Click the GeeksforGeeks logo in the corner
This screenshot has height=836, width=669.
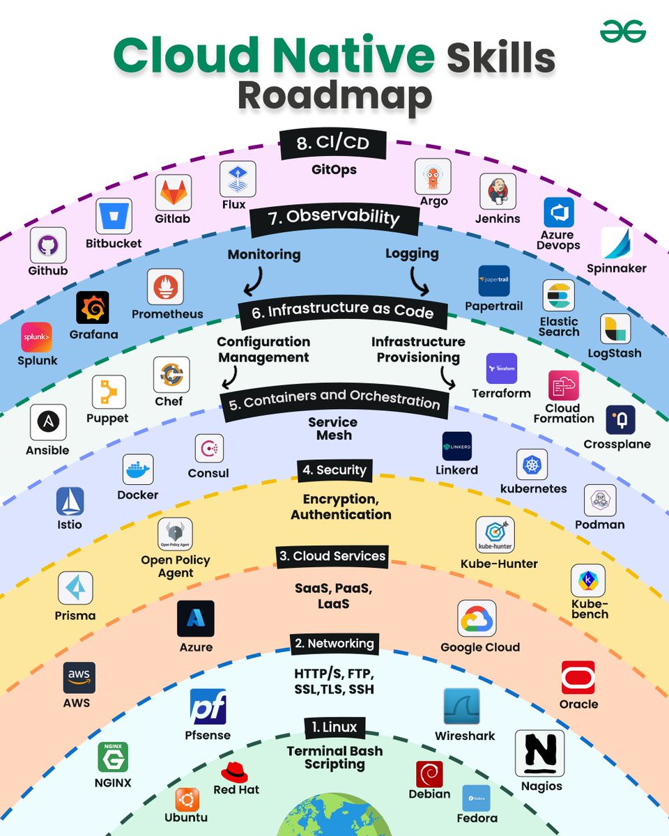click(624, 31)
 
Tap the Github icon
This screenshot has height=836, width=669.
click(48, 245)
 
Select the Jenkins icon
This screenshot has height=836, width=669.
click(498, 191)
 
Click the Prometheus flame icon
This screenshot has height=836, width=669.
click(165, 286)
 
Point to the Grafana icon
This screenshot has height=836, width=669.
click(93, 308)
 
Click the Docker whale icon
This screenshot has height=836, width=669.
click(137, 470)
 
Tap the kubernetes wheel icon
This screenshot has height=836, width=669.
click(532, 464)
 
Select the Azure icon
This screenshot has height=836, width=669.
click(196, 619)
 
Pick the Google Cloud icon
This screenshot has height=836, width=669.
click(477, 619)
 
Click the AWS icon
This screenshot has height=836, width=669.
click(79, 677)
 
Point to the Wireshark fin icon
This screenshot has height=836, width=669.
click(461, 706)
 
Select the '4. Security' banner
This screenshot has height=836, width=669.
click(334, 470)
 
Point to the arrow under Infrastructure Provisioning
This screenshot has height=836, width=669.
click(446, 380)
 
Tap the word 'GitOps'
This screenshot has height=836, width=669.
click(334, 169)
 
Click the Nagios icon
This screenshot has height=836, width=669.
click(539, 753)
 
